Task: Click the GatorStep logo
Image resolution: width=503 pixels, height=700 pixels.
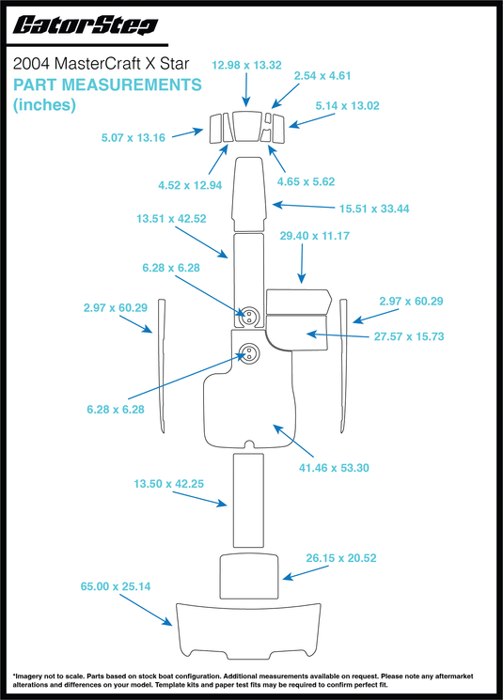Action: click(x=83, y=26)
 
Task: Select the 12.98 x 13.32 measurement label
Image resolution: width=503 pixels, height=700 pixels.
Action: click(x=247, y=65)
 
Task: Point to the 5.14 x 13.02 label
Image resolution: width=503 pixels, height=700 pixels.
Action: click(x=348, y=105)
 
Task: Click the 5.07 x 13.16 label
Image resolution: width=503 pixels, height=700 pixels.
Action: click(x=134, y=138)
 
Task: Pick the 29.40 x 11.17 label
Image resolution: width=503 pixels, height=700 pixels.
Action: click(x=314, y=236)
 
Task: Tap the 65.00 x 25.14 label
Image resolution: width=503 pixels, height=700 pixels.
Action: click(x=116, y=586)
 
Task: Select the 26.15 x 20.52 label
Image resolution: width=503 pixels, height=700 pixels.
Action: click(x=342, y=557)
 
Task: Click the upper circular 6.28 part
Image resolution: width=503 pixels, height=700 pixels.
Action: click(x=249, y=315)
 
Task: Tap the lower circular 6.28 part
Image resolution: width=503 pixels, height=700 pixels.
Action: click(x=249, y=353)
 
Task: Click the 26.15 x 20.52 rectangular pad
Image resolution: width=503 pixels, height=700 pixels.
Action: click(x=250, y=576)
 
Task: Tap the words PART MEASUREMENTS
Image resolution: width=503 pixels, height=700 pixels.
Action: click(x=106, y=85)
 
